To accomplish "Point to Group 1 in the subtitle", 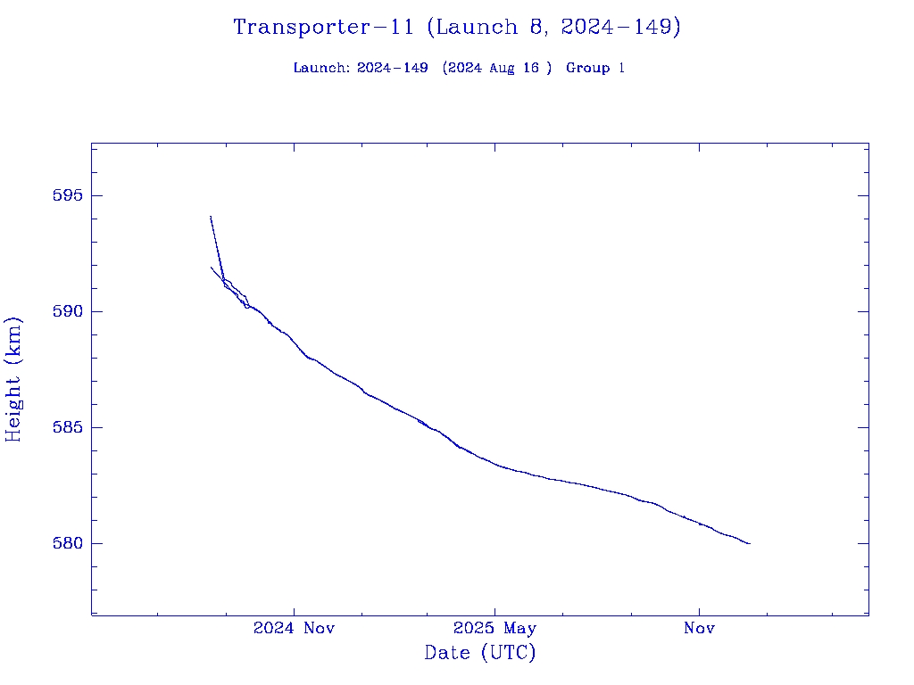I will coord(594,69).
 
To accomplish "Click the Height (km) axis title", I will coord(14,379).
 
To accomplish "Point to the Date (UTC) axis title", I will coord(480,653).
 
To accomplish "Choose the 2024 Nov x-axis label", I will coord(294,629).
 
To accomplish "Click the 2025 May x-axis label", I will coord(495,629).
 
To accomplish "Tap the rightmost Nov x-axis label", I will coord(699,629).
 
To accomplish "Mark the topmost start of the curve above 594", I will coord(211,216).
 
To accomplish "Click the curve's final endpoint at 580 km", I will coord(750,543).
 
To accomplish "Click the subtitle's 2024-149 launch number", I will coord(393,69).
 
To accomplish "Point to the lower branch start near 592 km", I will coord(212,268).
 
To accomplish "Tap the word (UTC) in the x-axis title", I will coord(509,653).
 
